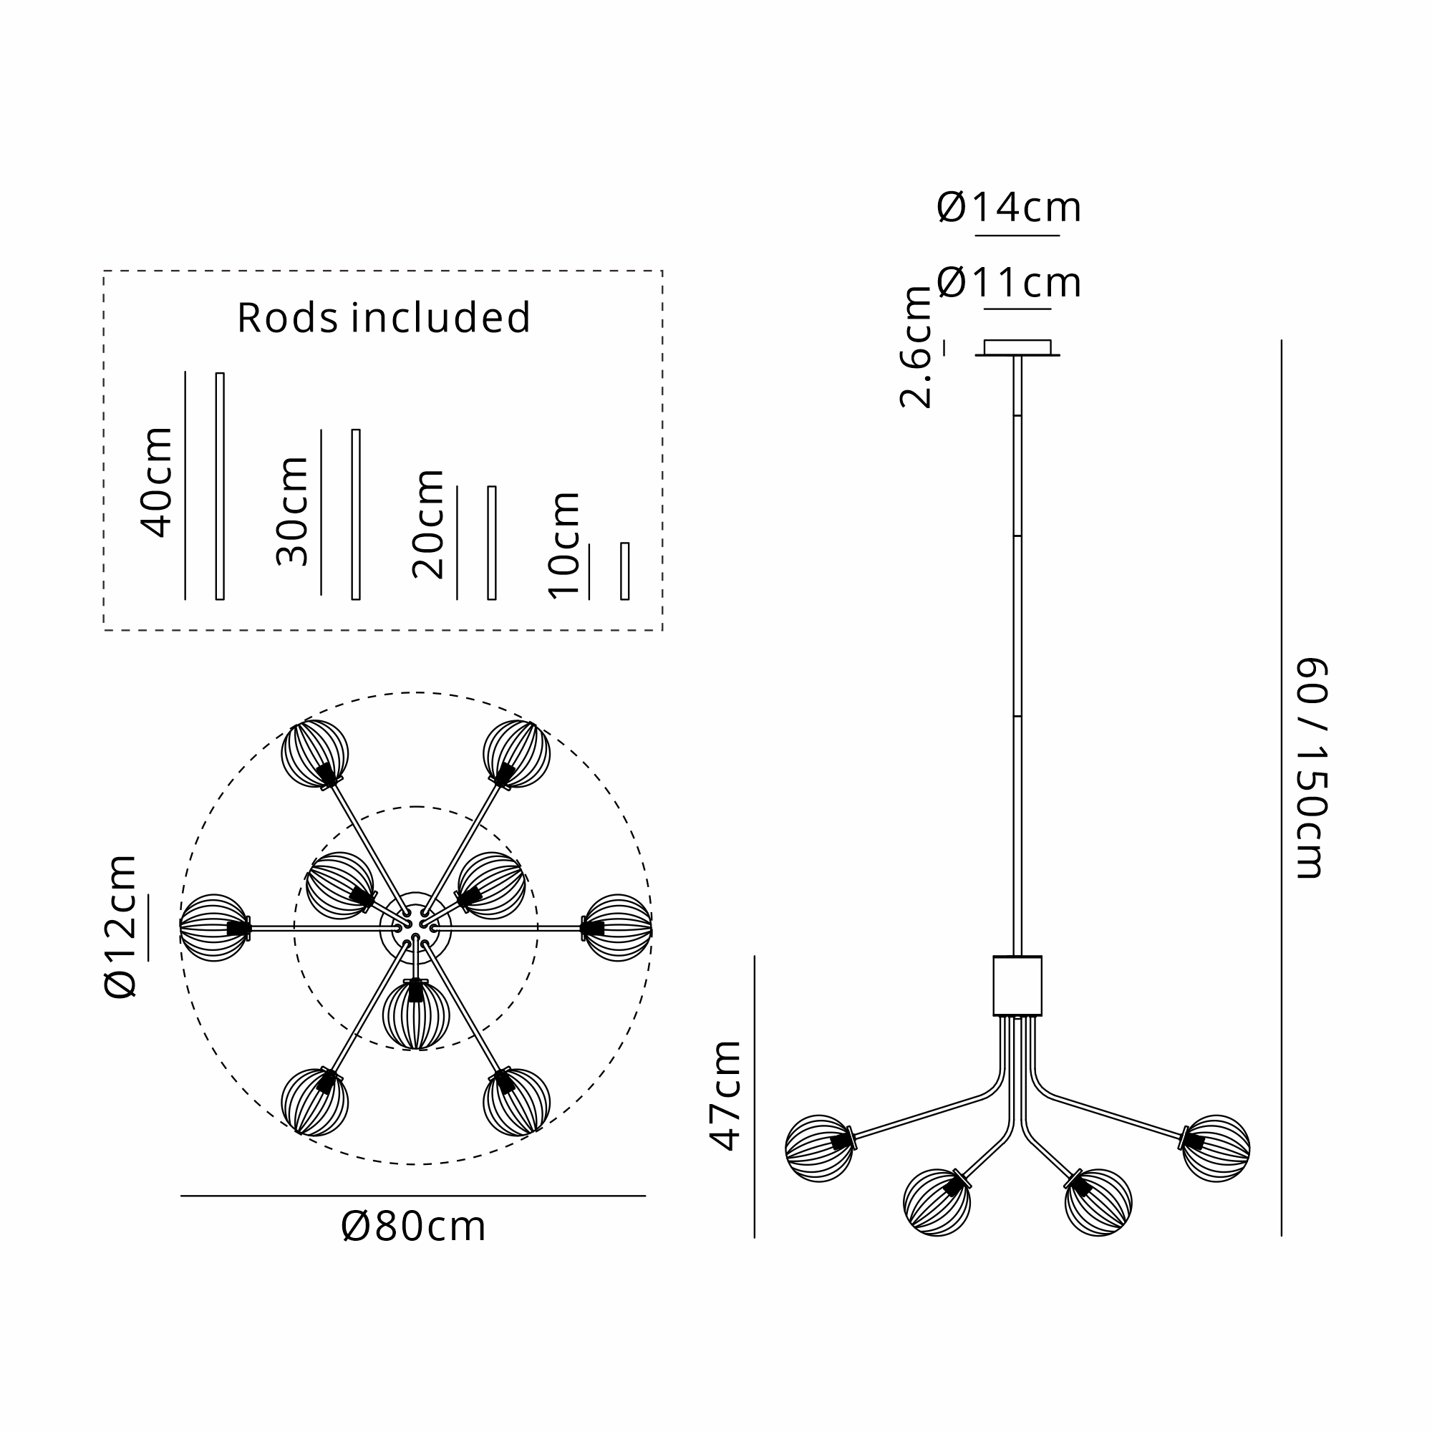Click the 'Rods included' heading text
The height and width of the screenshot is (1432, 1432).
click(x=383, y=318)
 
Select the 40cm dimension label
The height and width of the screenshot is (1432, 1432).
click(x=156, y=482)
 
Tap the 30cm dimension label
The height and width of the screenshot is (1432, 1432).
click(x=292, y=511)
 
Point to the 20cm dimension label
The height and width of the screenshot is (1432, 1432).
click(x=427, y=523)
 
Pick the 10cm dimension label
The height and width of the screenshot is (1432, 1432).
click(x=563, y=545)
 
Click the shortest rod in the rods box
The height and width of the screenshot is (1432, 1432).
click(x=625, y=571)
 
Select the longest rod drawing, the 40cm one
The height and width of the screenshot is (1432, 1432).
click(x=219, y=486)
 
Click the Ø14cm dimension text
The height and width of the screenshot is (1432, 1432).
click(x=1009, y=208)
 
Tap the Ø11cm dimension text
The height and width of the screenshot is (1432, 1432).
click(x=1009, y=283)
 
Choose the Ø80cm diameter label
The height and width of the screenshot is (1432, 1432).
click(x=413, y=1227)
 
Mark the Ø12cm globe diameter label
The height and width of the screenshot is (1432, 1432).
click(x=121, y=927)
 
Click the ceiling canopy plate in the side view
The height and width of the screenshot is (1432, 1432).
click(x=1017, y=348)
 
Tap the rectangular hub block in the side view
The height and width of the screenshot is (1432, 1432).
click(x=1017, y=986)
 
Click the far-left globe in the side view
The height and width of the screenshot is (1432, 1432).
click(x=818, y=1148)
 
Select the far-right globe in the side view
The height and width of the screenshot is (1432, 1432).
click(x=1216, y=1148)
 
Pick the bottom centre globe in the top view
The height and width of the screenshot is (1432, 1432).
click(x=416, y=1015)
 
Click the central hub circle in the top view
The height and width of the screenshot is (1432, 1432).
click(x=416, y=927)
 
